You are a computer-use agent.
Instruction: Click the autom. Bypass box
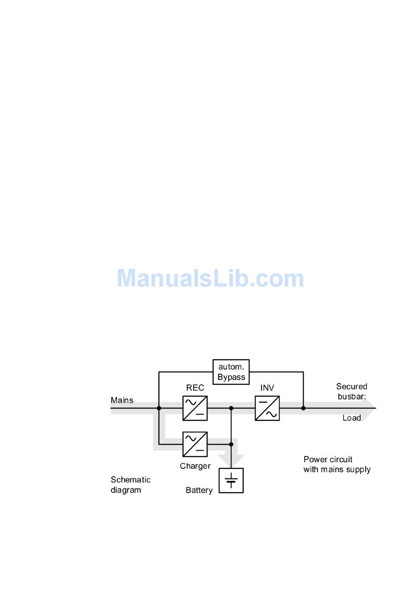click(231, 372)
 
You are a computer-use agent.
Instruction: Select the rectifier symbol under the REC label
click(195, 408)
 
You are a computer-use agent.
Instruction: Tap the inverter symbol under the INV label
click(267, 408)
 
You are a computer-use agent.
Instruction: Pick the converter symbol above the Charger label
click(195, 444)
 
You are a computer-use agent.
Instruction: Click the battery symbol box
click(231, 480)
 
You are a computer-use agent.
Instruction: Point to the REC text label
click(195, 388)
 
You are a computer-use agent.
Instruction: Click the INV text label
click(267, 388)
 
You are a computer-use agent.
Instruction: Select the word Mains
click(122, 400)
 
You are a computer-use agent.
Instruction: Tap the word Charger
click(195, 466)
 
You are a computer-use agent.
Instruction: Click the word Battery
click(199, 490)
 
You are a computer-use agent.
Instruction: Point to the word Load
click(352, 418)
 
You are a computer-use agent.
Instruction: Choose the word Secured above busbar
click(352, 387)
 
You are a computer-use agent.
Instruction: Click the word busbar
click(351, 397)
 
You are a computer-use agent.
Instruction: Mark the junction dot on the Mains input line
click(159, 408)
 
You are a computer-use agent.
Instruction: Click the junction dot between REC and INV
click(231, 408)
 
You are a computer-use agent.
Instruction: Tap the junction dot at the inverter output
click(303, 408)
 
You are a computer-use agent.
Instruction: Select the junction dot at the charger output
click(231, 444)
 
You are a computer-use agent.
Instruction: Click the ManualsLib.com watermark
click(210, 279)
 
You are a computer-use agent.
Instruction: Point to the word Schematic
click(131, 480)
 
